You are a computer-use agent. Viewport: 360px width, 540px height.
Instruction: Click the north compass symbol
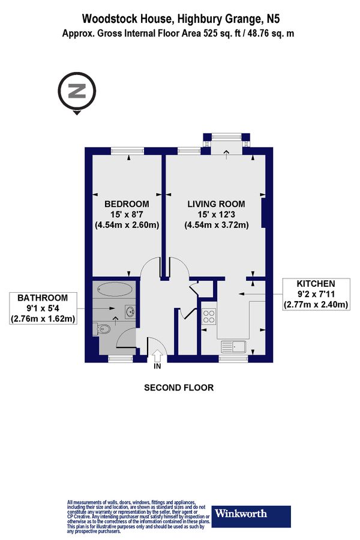[x=76, y=92]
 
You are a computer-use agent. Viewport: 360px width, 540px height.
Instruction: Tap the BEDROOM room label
[x=126, y=203]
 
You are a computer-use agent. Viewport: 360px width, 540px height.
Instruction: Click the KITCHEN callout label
[x=316, y=283]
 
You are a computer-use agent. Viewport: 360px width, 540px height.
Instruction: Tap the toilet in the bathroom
[x=104, y=328]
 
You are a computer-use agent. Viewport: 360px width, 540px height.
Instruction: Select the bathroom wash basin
[x=129, y=311]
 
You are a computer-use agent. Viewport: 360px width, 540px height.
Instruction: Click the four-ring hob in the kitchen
[x=209, y=316]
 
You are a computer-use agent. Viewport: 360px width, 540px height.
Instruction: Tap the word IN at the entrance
[x=157, y=365]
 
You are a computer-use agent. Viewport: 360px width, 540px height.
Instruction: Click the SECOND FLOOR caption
[x=179, y=388]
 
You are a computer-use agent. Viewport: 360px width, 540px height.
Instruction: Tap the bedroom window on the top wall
[x=130, y=151]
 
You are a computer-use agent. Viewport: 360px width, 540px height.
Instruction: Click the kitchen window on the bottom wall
[x=230, y=359]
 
